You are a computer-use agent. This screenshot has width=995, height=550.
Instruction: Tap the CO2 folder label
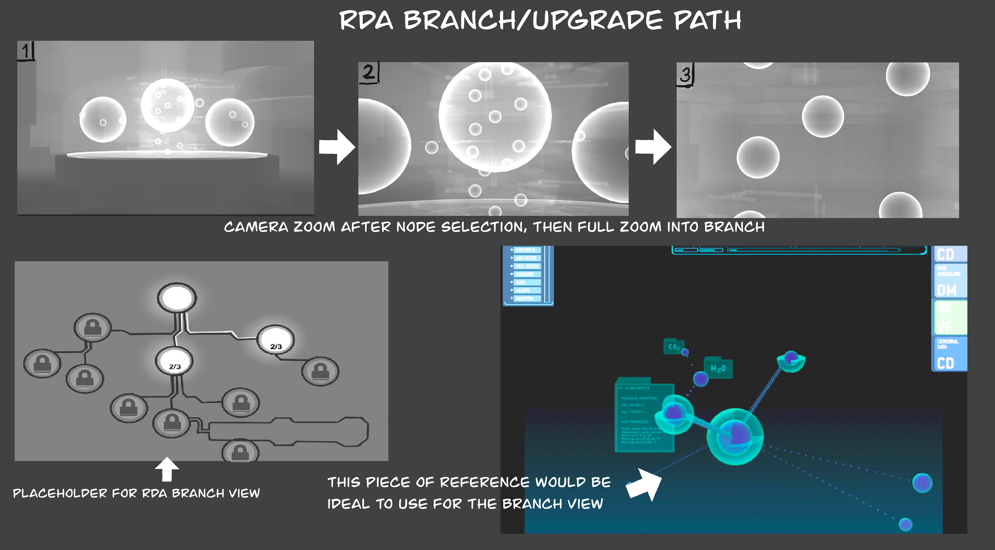[674, 347]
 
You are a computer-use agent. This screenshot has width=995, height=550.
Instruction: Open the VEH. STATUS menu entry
[527, 266]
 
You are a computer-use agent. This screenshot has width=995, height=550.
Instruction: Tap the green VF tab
[950, 318]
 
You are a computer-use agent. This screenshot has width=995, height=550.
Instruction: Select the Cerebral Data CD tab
[950, 354]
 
